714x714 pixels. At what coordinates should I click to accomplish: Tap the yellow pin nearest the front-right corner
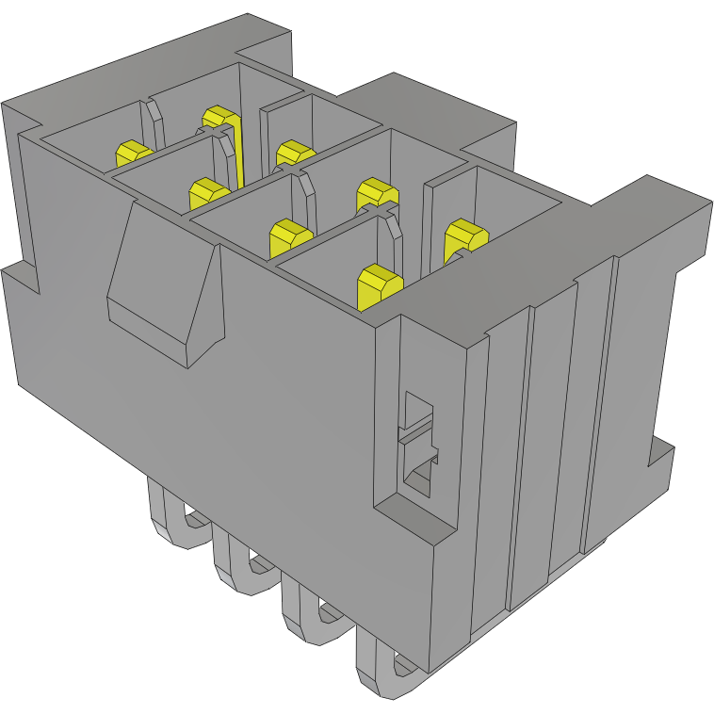coord(380,285)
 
